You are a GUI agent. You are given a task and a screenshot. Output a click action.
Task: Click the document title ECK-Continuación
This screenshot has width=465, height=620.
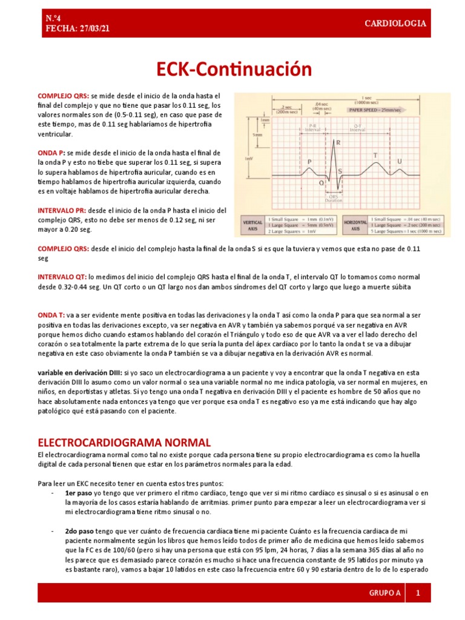[x=232, y=70]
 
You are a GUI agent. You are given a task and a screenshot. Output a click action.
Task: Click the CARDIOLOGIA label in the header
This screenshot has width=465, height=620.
[x=395, y=24]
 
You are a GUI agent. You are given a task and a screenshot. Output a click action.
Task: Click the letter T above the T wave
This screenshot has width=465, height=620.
[x=375, y=156]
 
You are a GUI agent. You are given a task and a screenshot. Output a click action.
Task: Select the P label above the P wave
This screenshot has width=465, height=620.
[x=310, y=162]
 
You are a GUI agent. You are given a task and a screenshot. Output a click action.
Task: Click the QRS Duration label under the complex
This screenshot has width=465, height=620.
[x=334, y=199]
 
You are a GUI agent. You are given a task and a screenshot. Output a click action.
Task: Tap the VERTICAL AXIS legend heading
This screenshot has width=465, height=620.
[x=252, y=223]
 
